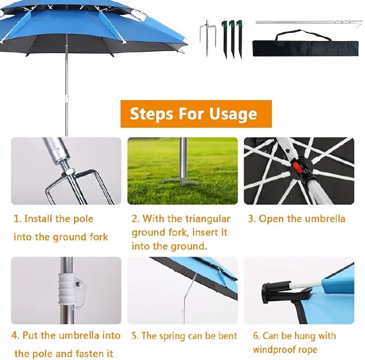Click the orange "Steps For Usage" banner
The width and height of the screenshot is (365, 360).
[196, 114]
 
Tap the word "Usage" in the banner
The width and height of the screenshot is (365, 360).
[233, 115]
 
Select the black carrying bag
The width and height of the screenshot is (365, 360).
[306, 48]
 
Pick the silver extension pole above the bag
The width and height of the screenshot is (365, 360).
[309, 23]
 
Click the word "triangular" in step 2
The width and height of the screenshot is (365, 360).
[208, 219]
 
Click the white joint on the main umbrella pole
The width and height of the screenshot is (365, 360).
[67, 98]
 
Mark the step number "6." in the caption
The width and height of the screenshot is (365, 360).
[256, 336]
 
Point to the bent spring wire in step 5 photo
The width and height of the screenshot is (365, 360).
[188, 296]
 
